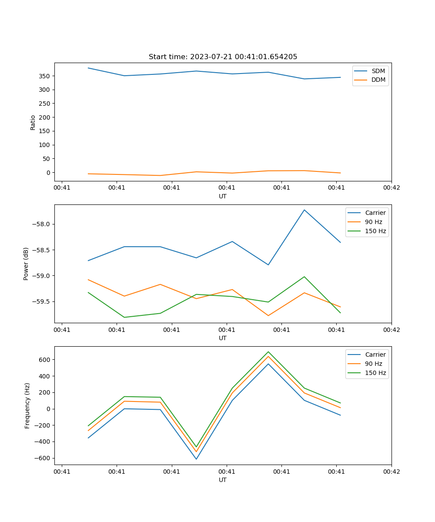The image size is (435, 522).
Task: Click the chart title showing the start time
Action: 223,57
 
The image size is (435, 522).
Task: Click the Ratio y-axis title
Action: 33,122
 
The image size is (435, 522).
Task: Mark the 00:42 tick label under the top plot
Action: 391,188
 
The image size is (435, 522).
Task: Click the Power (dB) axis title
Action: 26,264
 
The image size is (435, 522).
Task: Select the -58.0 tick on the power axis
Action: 42,224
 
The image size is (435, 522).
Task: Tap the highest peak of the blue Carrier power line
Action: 304,210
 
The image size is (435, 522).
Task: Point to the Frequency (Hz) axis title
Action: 27,405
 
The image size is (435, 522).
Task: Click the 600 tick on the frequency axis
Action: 45,360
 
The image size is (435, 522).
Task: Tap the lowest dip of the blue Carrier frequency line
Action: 196,459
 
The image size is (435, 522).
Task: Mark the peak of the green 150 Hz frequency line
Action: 268,351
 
